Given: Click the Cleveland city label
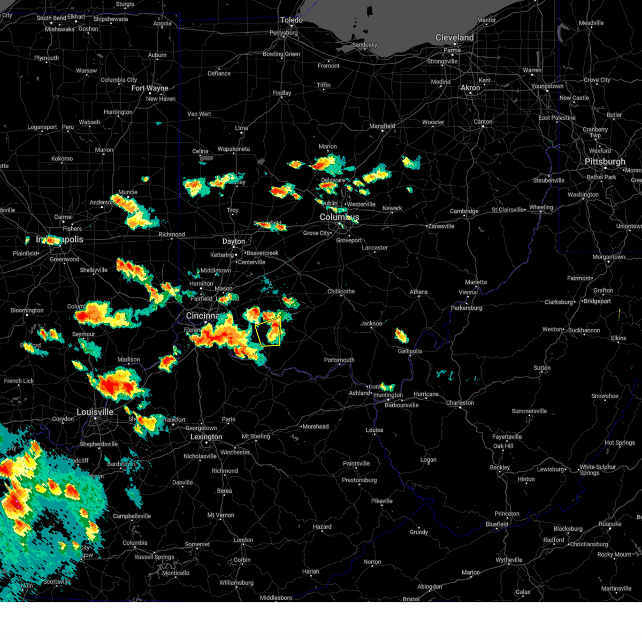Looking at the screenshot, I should [x=454, y=37].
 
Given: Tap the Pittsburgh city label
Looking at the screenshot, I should [x=605, y=162].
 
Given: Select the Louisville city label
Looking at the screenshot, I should [x=95, y=412].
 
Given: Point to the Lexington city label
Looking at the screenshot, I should [x=206, y=437].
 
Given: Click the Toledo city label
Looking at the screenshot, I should [x=292, y=20].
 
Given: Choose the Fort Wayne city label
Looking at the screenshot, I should [x=150, y=88].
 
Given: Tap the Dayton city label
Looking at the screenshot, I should [x=234, y=242].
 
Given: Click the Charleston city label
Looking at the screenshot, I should [x=460, y=403].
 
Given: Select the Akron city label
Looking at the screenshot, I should [x=470, y=88].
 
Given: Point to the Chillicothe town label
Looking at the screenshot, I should [x=341, y=292].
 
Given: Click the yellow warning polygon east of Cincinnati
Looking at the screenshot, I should [x=269, y=332].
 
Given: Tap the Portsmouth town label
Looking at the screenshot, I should [x=339, y=360].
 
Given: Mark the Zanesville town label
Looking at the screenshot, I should [x=441, y=226].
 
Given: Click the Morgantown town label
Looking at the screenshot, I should [x=609, y=257].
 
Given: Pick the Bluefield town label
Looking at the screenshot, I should [x=497, y=524].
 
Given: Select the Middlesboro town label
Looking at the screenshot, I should [x=276, y=598].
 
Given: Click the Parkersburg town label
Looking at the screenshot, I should [x=467, y=308].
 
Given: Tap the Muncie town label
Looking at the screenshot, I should [x=128, y=193].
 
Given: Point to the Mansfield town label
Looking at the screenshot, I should [x=382, y=126].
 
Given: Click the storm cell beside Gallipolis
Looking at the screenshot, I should [x=401, y=336].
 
